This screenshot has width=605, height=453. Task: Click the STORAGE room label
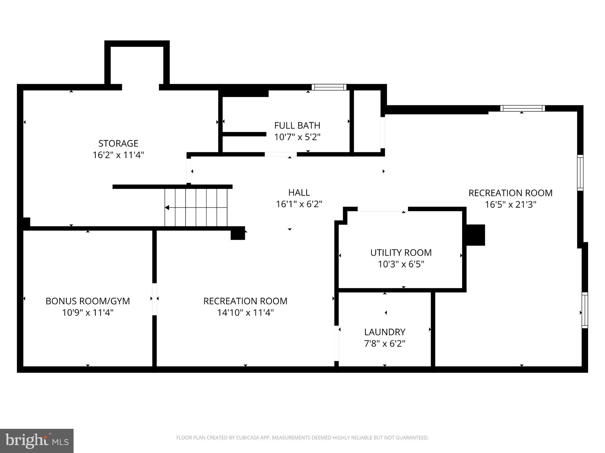[118, 143]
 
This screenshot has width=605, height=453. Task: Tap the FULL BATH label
[297, 126]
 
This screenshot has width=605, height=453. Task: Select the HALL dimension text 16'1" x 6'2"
[299, 204]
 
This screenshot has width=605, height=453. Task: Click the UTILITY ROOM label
[401, 253]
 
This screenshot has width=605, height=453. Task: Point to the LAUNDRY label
[385, 332]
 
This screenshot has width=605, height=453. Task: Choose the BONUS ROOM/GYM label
[88, 301]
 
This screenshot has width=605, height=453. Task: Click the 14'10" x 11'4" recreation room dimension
[245, 313]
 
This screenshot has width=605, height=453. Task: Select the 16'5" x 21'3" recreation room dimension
[510, 205]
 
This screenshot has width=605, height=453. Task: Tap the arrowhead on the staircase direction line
[167, 208]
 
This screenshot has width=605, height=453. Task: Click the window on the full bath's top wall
[329, 87]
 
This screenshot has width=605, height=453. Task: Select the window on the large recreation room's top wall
[522, 108]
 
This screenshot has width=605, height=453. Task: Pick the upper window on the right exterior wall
[580, 173]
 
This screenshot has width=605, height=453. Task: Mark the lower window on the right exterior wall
[585, 310]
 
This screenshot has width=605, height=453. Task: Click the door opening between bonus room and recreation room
[154, 299]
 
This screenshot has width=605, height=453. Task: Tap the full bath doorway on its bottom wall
[281, 154]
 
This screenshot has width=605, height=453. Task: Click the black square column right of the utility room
[475, 235]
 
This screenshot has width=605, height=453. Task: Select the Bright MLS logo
[37, 441]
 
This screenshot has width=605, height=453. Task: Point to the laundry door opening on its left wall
[336, 343]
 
